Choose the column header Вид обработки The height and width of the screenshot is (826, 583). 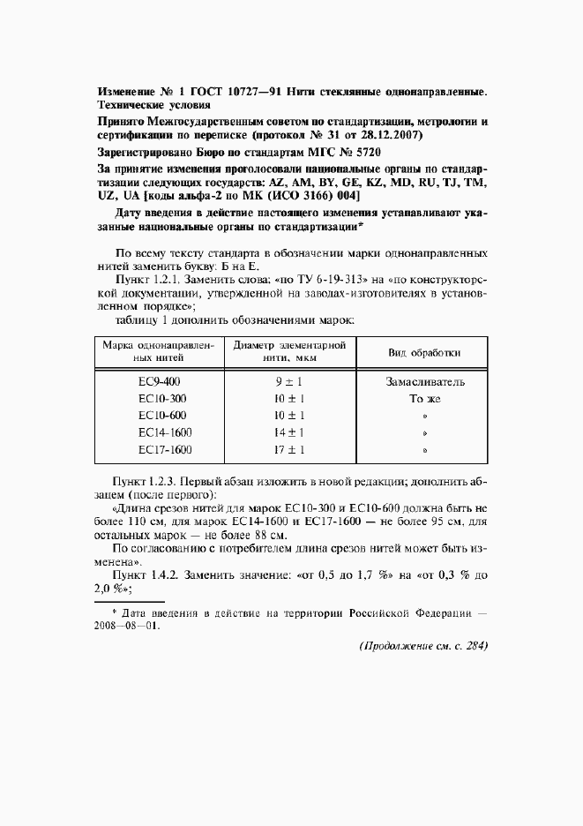click(424, 352)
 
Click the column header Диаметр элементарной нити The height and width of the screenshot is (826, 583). click(289, 352)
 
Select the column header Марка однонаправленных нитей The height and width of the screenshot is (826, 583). click(159, 352)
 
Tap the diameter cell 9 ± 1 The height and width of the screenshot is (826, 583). click(289, 382)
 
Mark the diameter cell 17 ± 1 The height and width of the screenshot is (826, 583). click(289, 449)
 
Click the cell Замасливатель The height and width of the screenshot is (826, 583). click(425, 382)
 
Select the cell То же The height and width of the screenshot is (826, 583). click(425, 399)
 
